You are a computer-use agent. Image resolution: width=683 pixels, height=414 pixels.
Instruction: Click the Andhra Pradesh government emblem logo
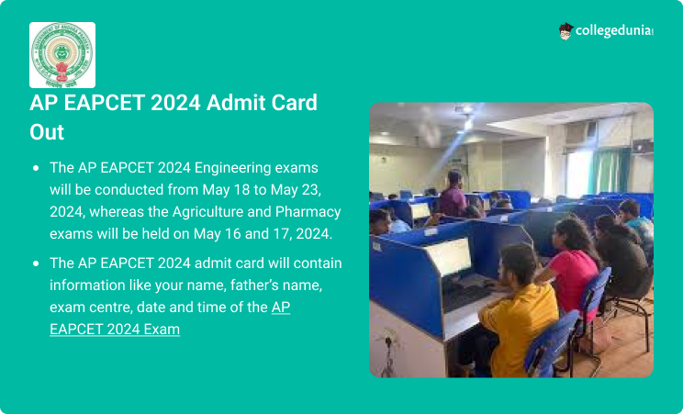pyautogui.click(x=62, y=55)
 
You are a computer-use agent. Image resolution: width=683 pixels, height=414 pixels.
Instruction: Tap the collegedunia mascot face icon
pyautogui.click(x=565, y=31)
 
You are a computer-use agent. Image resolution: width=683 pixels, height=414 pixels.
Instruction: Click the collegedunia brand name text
pyautogui.click(x=614, y=30)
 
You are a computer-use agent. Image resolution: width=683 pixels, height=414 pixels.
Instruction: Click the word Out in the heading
pyautogui.click(x=47, y=132)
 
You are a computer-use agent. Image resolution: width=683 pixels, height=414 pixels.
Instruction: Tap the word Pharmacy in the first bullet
pyautogui.click(x=308, y=212)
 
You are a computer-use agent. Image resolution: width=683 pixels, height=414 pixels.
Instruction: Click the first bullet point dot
pyautogui.click(x=36, y=168)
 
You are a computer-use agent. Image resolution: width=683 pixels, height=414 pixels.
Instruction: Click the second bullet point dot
pyautogui.click(x=36, y=263)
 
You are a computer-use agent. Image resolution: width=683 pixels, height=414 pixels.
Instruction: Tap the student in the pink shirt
pyautogui.click(x=572, y=266)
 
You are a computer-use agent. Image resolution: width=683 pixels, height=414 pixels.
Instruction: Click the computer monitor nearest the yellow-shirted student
pyautogui.click(x=450, y=257)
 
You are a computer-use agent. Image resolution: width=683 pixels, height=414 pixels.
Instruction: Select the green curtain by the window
pyautogui.click(x=610, y=171)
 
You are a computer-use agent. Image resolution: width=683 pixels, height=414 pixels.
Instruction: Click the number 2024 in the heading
pyautogui.click(x=175, y=103)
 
